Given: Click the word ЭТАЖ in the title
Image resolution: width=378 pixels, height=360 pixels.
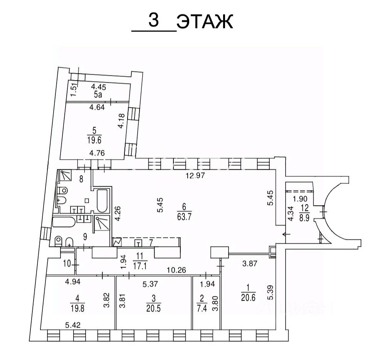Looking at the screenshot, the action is [205, 22].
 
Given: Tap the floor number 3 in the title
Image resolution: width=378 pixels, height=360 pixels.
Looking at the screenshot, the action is [154, 20].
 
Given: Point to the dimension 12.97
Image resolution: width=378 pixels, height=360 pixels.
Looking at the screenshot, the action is [195, 176].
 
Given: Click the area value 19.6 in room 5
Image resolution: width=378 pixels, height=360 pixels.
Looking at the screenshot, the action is [94, 140].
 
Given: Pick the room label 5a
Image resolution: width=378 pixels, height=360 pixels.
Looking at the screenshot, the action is [97, 95].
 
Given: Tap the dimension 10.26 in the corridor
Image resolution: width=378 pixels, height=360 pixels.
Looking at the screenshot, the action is [177, 270].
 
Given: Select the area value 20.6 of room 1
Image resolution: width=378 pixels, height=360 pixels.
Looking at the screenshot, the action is [248, 298].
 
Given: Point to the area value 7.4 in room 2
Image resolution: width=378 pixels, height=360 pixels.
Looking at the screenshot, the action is [202, 308].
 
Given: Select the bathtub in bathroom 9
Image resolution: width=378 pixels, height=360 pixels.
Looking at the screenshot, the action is [64, 222].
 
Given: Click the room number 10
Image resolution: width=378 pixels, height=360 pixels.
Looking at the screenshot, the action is [68, 264].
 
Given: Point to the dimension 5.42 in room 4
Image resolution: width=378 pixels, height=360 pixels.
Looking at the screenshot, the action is [73, 325].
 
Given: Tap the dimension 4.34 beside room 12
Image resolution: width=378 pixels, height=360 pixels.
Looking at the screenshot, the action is [291, 213].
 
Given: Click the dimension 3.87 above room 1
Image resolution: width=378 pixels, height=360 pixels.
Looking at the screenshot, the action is [250, 263].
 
